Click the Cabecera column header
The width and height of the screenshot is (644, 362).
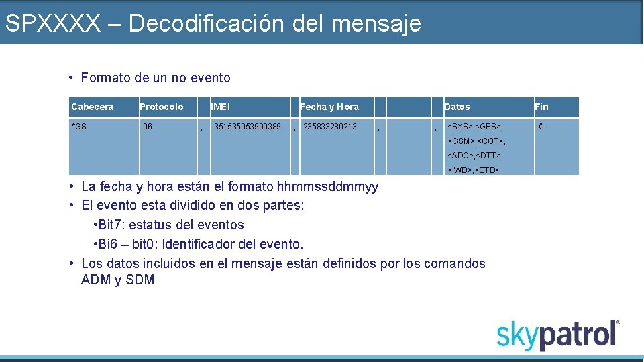click(x=93, y=107)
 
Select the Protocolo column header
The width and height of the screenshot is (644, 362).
click(x=162, y=107)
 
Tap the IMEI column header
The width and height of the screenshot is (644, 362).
click(x=221, y=107)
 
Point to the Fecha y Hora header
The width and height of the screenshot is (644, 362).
click(x=329, y=107)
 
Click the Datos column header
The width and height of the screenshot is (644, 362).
click(x=457, y=107)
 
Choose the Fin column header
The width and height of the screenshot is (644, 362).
click(x=541, y=107)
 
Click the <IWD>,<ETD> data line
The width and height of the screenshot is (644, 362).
click(x=474, y=170)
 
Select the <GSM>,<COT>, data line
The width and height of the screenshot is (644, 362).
click(x=476, y=141)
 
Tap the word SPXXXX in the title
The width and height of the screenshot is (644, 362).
click(x=52, y=23)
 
